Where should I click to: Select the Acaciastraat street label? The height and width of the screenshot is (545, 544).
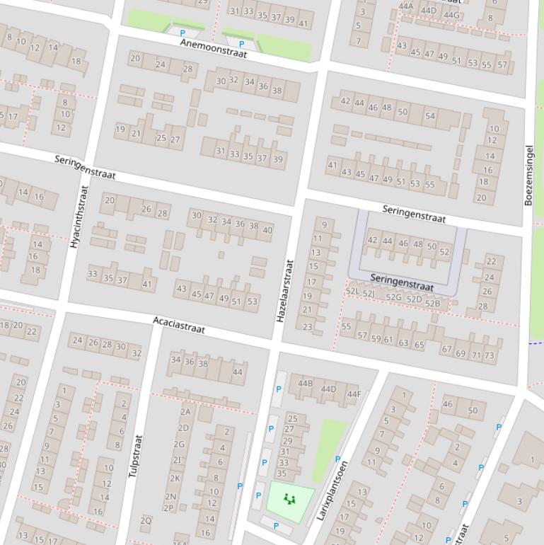[x=179, y=325]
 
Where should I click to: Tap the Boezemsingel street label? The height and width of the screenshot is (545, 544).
[x=529, y=175]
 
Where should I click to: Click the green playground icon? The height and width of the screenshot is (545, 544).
[x=289, y=499]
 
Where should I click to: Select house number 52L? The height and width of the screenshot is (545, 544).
[x=352, y=292]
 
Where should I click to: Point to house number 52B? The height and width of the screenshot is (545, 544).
[x=432, y=304]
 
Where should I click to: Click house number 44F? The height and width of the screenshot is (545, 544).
[x=354, y=394]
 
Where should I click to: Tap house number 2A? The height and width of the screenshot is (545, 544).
[x=185, y=411]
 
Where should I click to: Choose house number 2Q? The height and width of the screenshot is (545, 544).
[x=146, y=520]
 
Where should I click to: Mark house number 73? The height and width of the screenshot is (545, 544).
[x=489, y=355]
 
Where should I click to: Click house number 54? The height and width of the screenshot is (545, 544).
[x=429, y=115]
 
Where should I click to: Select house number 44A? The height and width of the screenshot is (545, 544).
[x=405, y=6]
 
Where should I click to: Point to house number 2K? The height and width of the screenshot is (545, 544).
[x=174, y=478]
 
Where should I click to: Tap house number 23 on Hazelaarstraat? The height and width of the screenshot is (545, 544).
[x=307, y=327]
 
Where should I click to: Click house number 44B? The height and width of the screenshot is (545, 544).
[x=305, y=384]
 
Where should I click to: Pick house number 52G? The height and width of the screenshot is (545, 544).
[x=394, y=297]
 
